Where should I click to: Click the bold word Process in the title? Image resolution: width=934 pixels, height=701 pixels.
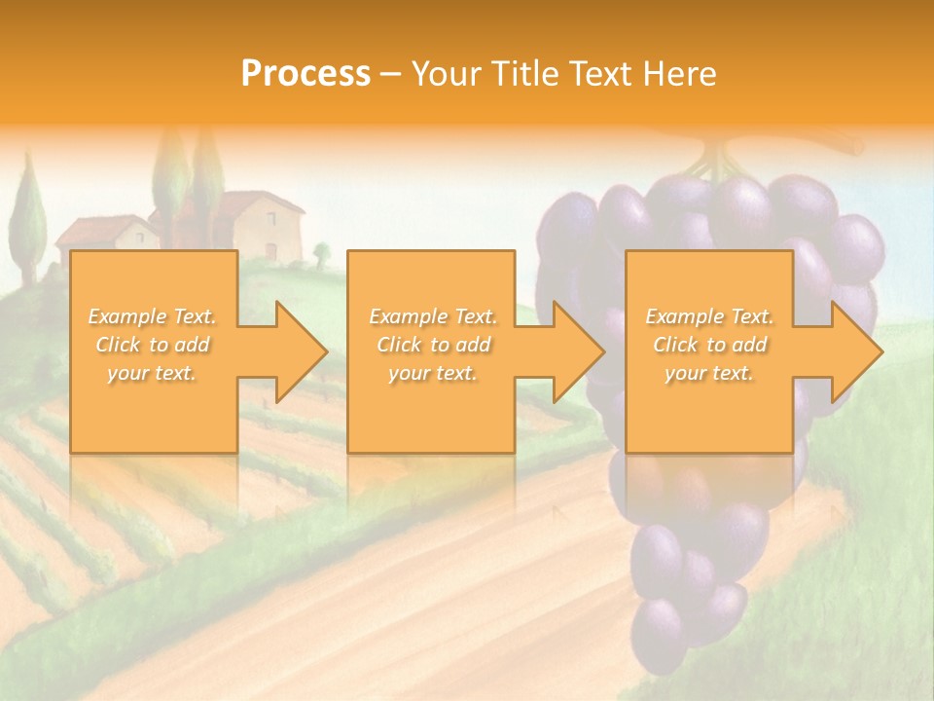tap(305, 74)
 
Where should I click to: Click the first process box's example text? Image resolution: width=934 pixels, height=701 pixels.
tap(152, 345)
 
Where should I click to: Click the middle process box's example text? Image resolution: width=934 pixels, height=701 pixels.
tap(432, 345)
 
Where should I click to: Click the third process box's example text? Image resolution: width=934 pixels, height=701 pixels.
tap(709, 345)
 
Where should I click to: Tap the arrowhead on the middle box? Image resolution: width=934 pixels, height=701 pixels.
tap(577, 351)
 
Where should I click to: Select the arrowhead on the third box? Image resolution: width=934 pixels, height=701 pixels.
tap(855, 351)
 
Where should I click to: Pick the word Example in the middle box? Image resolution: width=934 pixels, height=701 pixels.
tap(402, 316)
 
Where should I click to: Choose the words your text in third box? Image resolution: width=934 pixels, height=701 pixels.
tap(709, 373)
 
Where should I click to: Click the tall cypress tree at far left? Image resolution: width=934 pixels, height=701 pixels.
tap(29, 219)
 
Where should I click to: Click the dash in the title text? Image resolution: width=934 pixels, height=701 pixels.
tap(390, 74)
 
